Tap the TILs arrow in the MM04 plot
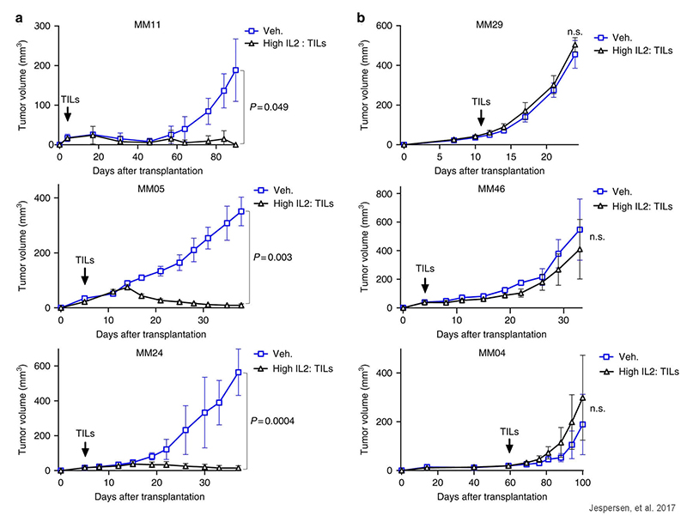pyautogui.click(x=509, y=446)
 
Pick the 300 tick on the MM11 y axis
pyautogui.click(x=40, y=26)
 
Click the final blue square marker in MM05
pyautogui.click(x=241, y=211)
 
